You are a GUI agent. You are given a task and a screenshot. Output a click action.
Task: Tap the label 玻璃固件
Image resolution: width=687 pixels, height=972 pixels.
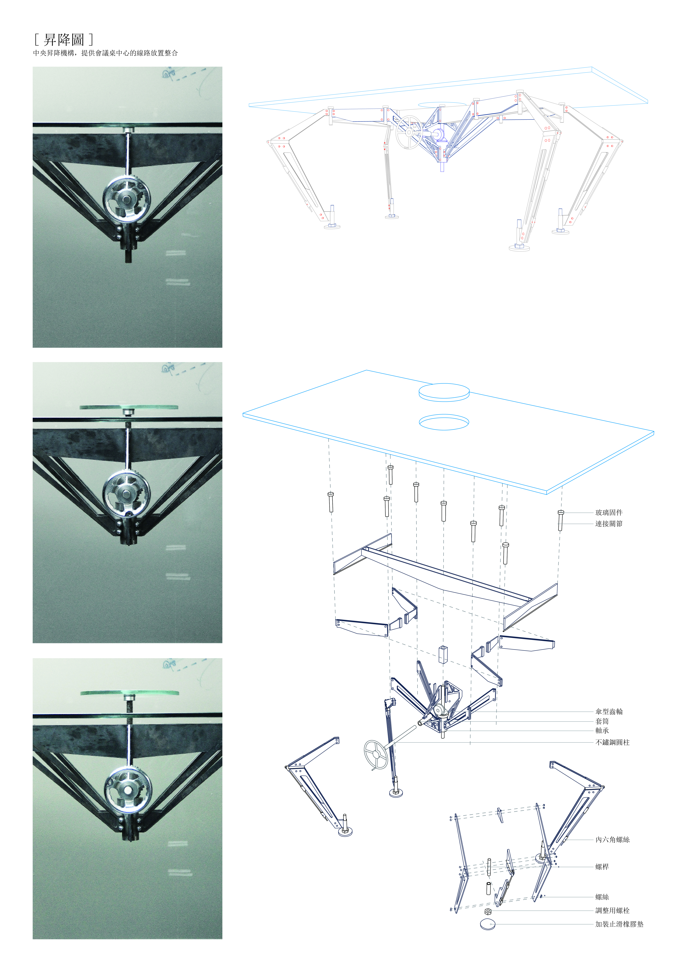[609, 512]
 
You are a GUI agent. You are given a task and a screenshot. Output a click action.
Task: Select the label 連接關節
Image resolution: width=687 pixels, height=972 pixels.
[609, 524]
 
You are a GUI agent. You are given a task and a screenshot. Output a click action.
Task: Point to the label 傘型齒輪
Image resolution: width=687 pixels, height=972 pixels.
[609, 712]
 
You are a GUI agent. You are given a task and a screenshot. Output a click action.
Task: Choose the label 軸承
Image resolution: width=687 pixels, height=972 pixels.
[602, 731]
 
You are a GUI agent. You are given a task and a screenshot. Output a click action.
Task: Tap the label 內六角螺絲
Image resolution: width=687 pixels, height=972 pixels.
[612, 840]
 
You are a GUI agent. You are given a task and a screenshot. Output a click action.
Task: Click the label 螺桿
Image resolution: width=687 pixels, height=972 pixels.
[602, 867]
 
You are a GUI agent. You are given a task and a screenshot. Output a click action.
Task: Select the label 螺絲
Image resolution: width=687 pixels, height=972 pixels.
[602, 897]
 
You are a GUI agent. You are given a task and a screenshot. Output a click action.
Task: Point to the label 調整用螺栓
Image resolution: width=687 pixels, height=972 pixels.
[612, 910]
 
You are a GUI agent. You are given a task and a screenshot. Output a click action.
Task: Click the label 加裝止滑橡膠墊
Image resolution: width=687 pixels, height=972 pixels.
[619, 924]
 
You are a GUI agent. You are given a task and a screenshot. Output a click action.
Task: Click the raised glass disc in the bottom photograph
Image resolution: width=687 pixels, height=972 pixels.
[129, 693]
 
